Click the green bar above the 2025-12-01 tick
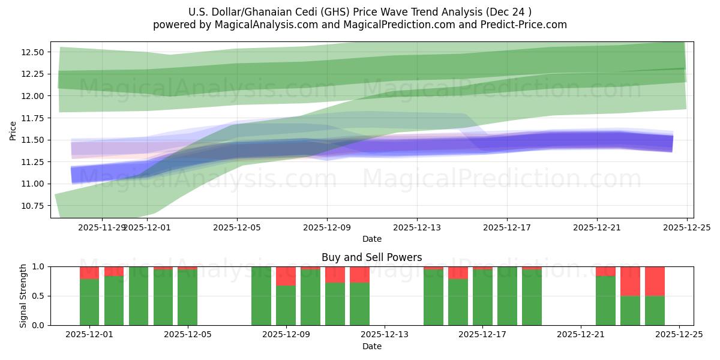pyautogui.click(x=89, y=302)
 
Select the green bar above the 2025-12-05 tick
pyautogui.click(x=187, y=297)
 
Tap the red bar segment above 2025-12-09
pyautogui.click(x=286, y=276)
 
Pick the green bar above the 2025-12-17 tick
pyautogui.click(x=482, y=297)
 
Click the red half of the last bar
pyautogui.click(x=655, y=281)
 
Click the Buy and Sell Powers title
pyautogui.click(x=371, y=257)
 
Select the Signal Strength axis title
pyautogui.click(x=23, y=296)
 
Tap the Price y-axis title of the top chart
pyautogui.click(x=13, y=130)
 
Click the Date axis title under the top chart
pyautogui.click(x=371, y=239)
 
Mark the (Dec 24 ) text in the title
pyautogui.click(x=509, y=12)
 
